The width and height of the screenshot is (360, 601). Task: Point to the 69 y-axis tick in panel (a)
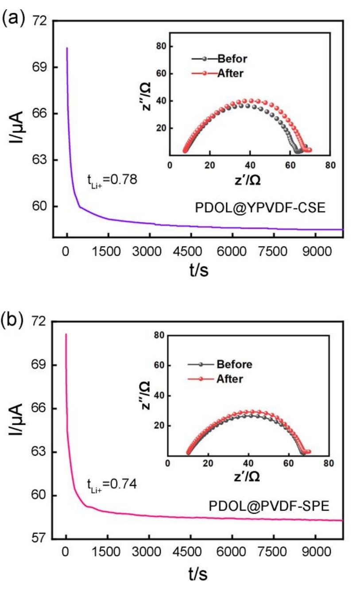point(40,67)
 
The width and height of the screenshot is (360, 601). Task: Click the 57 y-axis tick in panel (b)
point(40,539)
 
